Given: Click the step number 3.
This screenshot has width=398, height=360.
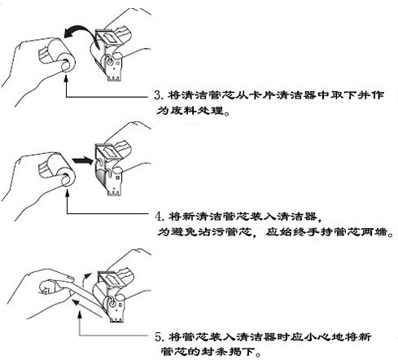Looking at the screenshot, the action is click(x=158, y=95).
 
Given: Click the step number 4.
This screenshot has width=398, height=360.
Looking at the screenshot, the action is click(x=159, y=216).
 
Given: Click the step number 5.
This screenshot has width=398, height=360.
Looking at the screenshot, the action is click(x=159, y=337).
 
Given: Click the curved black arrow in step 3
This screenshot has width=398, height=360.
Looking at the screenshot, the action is click(x=81, y=29).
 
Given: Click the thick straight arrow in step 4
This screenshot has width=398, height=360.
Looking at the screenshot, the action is click(x=83, y=160).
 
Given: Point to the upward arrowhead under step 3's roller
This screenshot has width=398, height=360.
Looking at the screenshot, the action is click(x=66, y=78).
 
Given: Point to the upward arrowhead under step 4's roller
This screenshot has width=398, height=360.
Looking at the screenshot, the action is click(x=68, y=192).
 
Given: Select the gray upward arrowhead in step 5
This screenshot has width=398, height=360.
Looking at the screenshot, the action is click(x=80, y=315).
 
